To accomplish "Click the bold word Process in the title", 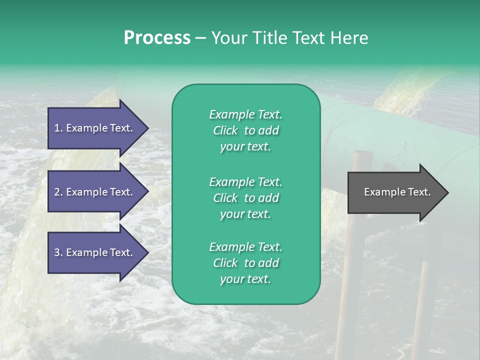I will click(157, 38).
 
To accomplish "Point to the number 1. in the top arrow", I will click(58, 128).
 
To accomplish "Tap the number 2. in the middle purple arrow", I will click(58, 192).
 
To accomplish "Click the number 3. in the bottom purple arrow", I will click(58, 252).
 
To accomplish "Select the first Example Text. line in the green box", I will click(245, 114).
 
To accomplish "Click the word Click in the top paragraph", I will click(225, 131).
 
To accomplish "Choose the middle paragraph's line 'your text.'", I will click(245, 214).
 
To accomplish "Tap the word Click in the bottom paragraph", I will click(225, 263).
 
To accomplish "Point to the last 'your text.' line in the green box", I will click(245, 279).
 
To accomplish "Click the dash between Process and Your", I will click(200, 38).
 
